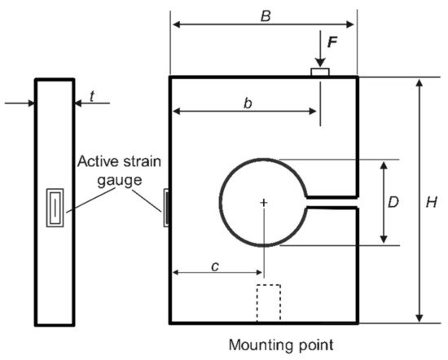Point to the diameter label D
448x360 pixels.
point(393,202)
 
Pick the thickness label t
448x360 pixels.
point(93,96)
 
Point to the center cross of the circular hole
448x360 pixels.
point(263,201)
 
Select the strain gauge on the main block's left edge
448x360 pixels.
point(167,206)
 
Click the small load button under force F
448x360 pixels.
point(320,73)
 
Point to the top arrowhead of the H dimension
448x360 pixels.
point(419,81)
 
